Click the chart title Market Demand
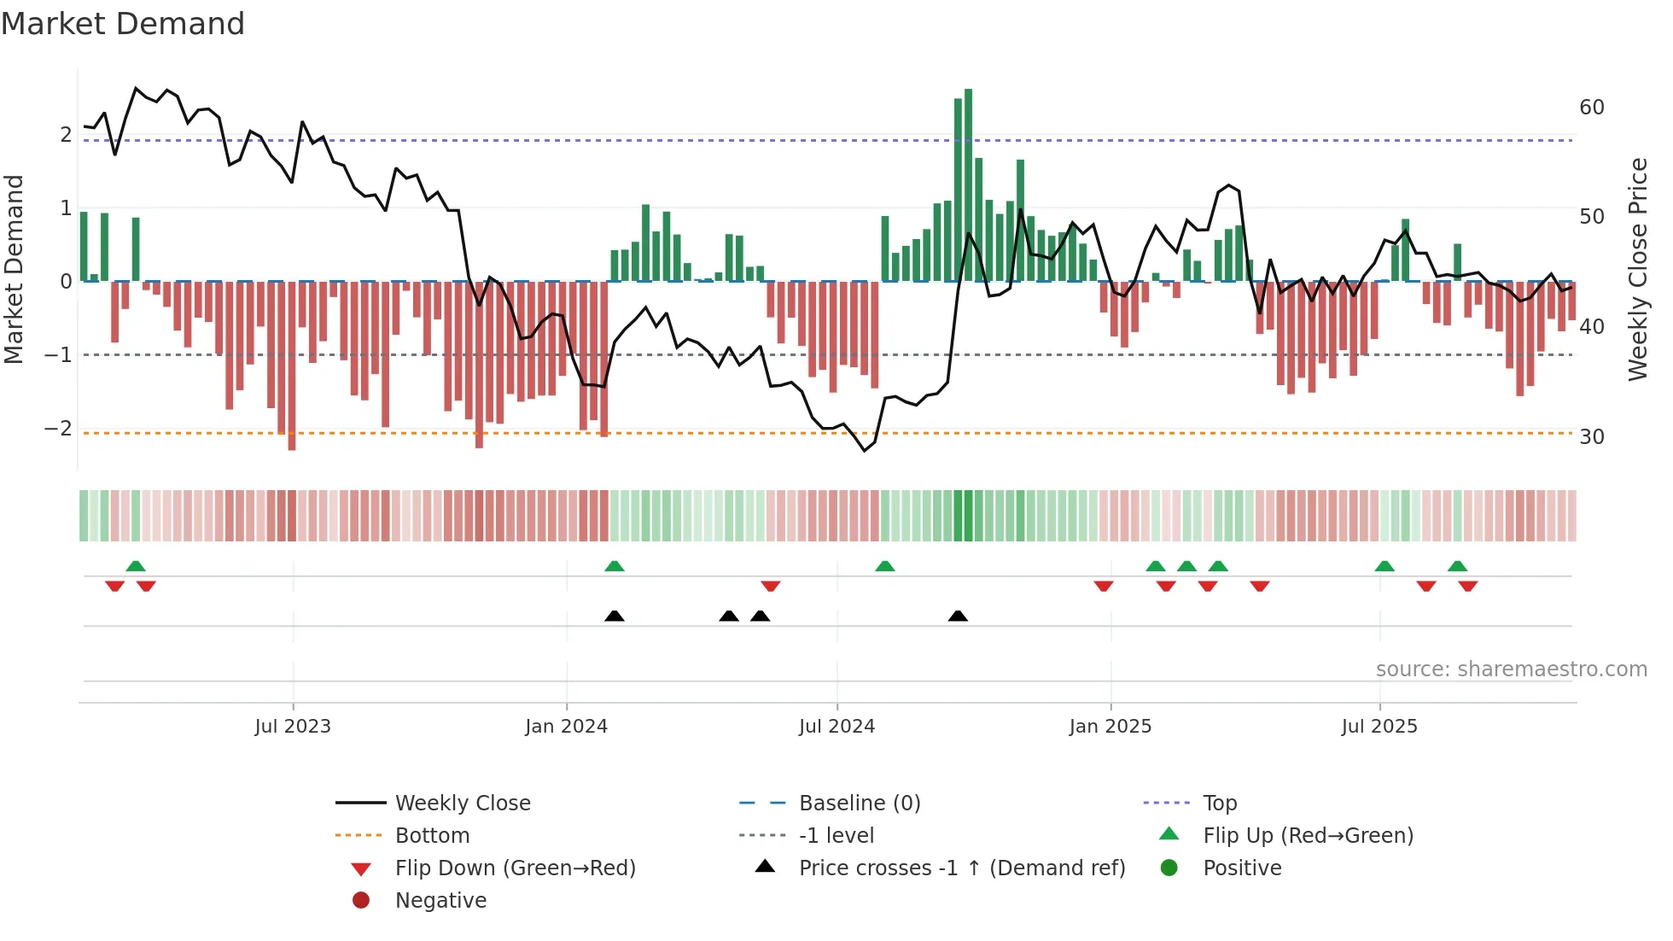coord(123,24)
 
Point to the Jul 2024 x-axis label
coord(836,727)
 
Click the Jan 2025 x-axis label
coord(1110,727)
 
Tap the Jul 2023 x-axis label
coord(293,727)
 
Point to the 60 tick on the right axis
coord(1591,108)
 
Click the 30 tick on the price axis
coord(1591,437)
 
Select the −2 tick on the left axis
coord(59,429)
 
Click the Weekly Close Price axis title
coord(1637,269)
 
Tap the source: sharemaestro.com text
coord(1511,669)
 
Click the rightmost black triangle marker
coord(958,616)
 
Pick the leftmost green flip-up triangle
coord(136,565)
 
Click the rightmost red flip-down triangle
coord(1467,586)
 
